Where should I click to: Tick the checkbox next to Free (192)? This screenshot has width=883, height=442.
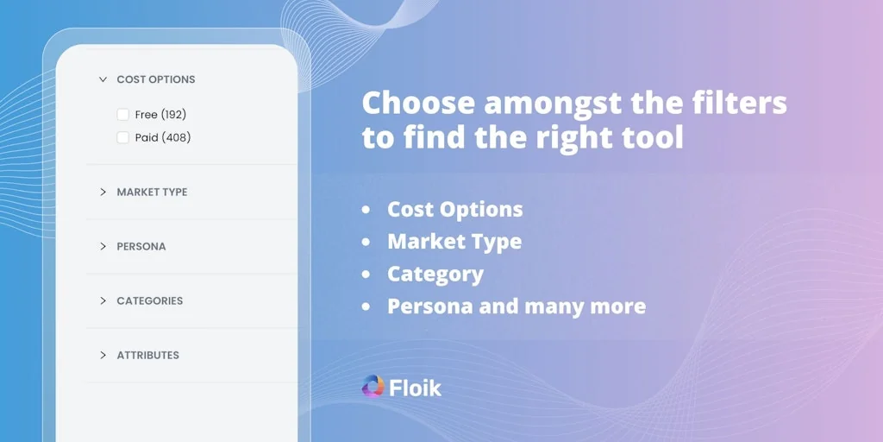(x=123, y=114)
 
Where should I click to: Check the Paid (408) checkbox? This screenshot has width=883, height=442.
(x=123, y=137)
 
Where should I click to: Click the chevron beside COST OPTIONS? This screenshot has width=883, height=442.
(x=103, y=79)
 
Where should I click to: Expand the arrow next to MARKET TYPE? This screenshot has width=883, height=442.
(x=103, y=192)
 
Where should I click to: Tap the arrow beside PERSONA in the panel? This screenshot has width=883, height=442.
(x=103, y=246)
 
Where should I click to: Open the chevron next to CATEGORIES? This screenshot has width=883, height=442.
(x=103, y=300)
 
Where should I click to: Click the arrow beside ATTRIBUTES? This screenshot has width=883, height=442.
(x=103, y=355)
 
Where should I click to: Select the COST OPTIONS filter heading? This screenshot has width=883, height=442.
(x=156, y=79)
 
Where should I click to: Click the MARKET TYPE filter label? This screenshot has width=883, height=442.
(x=152, y=192)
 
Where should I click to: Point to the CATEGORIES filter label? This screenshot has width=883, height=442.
(x=150, y=300)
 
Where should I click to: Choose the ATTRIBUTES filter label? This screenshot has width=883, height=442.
(x=148, y=355)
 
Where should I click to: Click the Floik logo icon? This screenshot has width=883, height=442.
(x=373, y=387)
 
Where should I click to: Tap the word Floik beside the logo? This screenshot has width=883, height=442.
(x=415, y=388)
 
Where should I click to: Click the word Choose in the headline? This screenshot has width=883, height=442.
(x=418, y=103)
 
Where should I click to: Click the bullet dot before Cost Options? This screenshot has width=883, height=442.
(x=367, y=210)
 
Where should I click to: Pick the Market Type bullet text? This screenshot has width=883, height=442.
(x=454, y=242)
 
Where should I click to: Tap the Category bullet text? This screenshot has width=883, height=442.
(x=435, y=274)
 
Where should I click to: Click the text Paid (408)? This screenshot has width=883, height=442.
(x=163, y=137)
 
